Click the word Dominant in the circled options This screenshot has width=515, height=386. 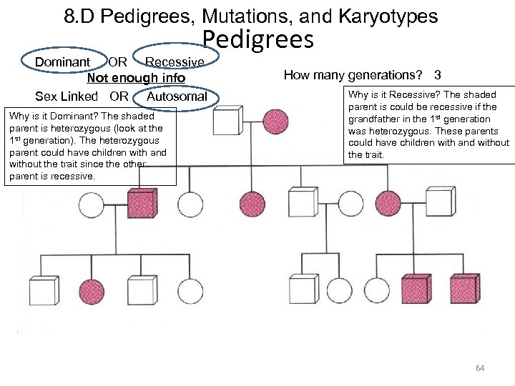62,62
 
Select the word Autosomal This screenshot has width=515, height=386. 177,96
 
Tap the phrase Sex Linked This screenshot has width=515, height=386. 67,96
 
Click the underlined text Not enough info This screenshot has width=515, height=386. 136,78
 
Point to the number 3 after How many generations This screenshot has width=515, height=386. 437,75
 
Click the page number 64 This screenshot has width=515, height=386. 480,369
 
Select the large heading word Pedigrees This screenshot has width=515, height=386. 258,40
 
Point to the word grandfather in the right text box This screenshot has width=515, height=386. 371,119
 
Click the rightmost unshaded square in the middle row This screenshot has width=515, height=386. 443,206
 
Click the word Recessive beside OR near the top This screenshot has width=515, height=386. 175,62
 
